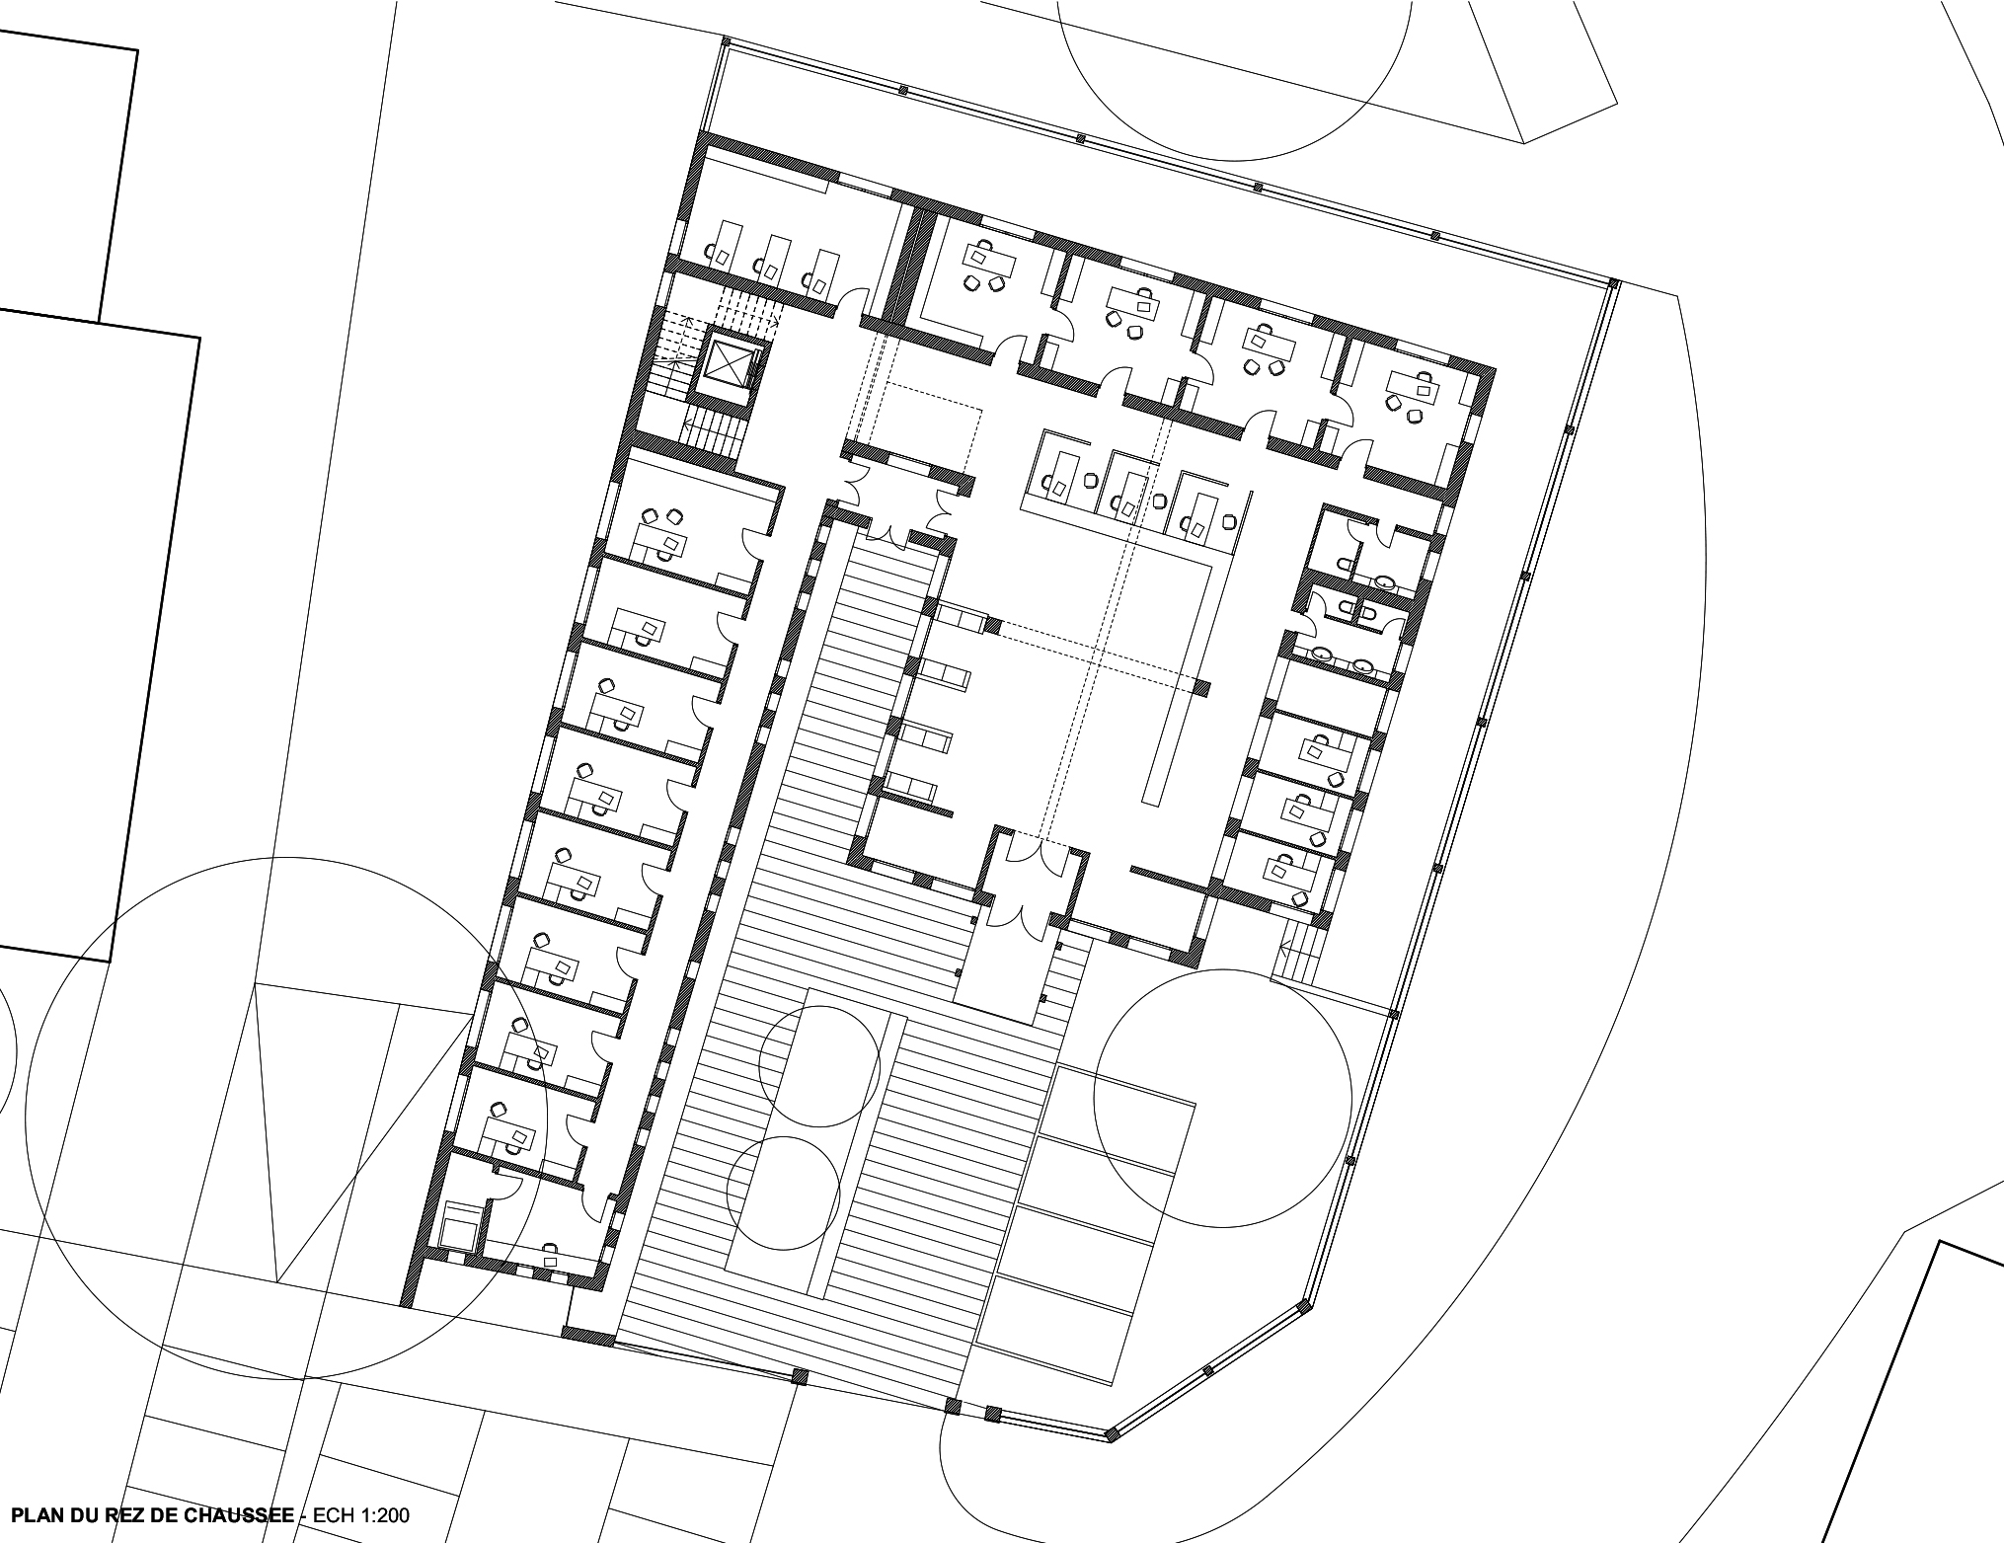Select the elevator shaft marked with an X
(732, 364)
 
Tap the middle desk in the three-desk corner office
(772, 258)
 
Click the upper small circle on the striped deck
(819, 1066)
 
